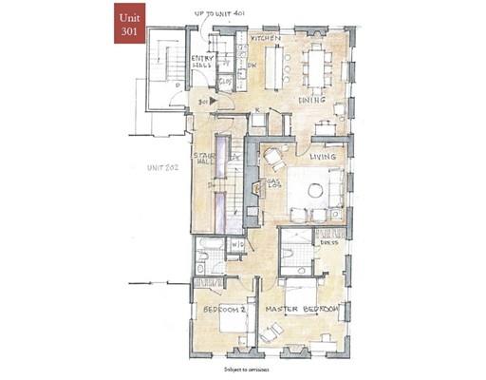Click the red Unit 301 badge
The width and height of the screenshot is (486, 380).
point(126,23)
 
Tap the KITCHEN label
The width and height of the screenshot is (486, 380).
point(265,38)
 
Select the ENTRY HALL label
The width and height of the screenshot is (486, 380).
point(204,63)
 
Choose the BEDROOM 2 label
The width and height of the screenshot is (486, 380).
point(223,310)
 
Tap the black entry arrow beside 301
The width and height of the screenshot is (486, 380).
point(215,101)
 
